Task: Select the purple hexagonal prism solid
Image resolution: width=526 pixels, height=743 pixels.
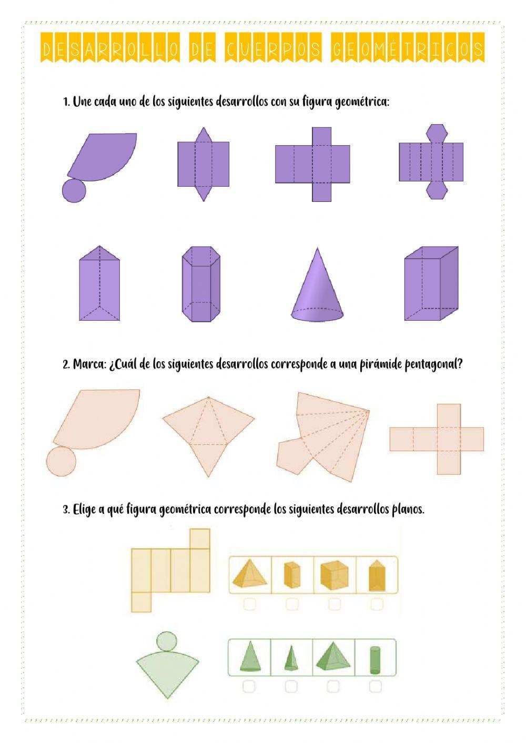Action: [x=200, y=284]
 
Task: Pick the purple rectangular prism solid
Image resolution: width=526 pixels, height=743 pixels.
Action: [x=430, y=284]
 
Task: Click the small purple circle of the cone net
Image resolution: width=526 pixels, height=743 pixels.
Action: [x=74, y=191]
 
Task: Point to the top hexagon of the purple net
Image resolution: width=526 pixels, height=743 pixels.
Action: [x=437, y=133]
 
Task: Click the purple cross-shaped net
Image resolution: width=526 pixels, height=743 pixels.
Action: [x=312, y=164]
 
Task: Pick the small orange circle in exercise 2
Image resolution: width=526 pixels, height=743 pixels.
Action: [x=61, y=462]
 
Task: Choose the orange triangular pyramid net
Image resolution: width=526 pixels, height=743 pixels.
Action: [x=208, y=431]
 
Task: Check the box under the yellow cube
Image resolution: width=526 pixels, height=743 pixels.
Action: [x=335, y=604]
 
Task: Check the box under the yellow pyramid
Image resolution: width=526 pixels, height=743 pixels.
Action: [x=250, y=604]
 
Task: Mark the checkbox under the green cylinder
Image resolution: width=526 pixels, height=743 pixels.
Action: [x=375, y=686]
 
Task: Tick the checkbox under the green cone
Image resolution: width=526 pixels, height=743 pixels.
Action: [x=249, y=686]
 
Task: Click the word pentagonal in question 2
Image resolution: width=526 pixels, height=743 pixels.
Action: [x=433, y=364]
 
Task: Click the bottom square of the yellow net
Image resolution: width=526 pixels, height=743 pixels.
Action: [x=141, y=602]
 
